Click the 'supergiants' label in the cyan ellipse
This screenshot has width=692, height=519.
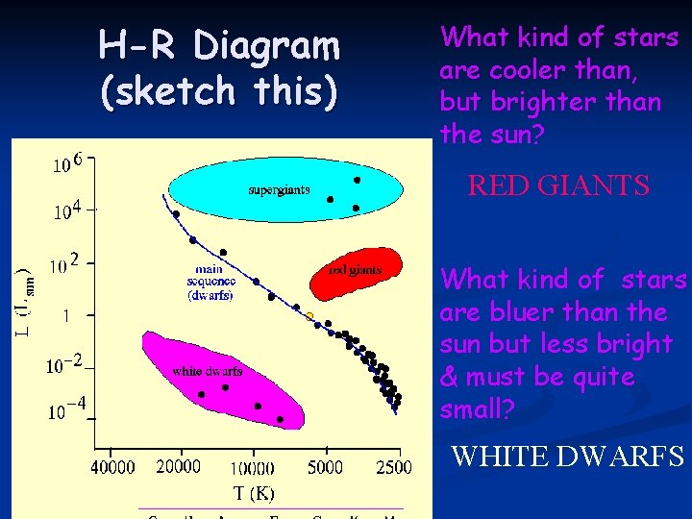pyautogui.click(x=279, y=189)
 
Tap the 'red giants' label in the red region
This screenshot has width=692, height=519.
pyautogui.click(x=355, y=270)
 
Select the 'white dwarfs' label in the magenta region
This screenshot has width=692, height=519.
pyautogui.click(x=207, y=371)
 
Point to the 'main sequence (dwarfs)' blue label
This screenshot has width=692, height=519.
pyautogui.click(x=210, y=283)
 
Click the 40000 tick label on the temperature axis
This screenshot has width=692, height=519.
pyautogui.click(x=112, y=468)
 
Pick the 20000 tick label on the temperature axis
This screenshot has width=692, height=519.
pyautogui.click(x=178, y=467)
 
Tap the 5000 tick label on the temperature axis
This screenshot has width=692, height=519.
pyautogui.click(x=326, y=468)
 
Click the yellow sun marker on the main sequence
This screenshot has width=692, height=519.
pyautogui.click(x=309, y=315)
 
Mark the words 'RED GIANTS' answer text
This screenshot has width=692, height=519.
pyautogui.click(x=558, y=185)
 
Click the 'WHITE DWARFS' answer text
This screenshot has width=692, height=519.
pyautogui.click(x=567, y=455)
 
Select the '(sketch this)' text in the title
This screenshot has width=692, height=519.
pyautogui.click(x=218, y=90)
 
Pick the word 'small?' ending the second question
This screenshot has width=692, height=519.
pyautogui.click(x=478, y=410)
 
